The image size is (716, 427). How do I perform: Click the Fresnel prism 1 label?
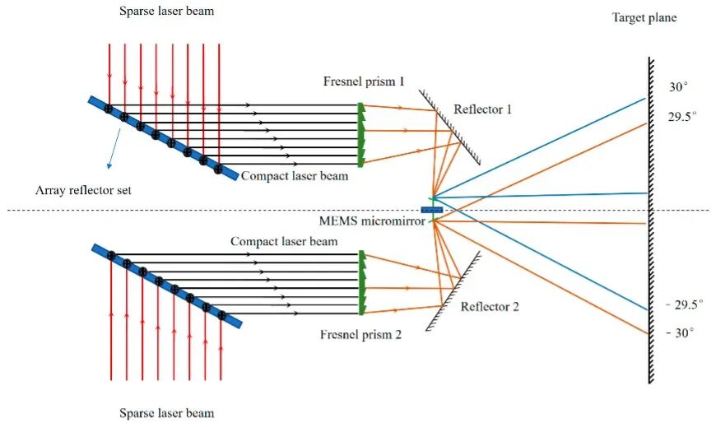click(364, 81)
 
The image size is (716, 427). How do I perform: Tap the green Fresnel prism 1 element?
click(360, 135)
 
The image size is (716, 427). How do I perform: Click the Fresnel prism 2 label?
click(360, 334)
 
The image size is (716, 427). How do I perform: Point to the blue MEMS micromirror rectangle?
click(431, 210)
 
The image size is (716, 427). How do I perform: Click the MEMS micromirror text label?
click(372, 221)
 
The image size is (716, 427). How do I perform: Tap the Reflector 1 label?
click(482, 109)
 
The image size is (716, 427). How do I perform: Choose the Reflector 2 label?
click(490, 306)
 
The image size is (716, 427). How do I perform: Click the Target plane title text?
click(644, 18)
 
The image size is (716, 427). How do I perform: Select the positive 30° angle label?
click(679, 86)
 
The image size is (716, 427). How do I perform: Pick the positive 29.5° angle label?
click(682, 117)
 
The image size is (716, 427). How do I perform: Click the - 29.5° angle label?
click(685, 304)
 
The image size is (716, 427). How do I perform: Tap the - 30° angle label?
click(680, 333)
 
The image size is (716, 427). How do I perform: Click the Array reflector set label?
click(83, 190)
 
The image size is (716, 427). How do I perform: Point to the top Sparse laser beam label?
click(167, 11)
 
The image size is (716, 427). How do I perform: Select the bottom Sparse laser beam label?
click(167, 413)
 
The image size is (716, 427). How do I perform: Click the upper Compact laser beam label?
click(295, 176)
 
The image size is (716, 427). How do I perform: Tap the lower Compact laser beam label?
click(284, 241)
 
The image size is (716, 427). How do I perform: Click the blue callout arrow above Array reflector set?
click(114, 149)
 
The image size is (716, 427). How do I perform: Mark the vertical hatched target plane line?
click(650, 220)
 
